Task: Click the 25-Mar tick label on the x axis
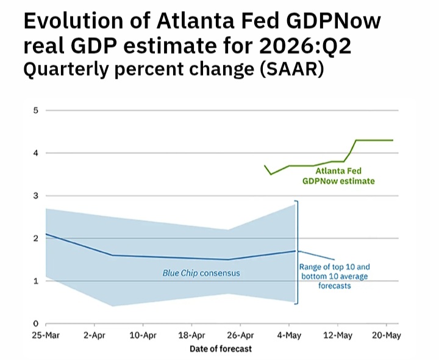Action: point(46,336)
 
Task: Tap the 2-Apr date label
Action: point(95,336)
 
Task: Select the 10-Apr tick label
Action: point(143,336)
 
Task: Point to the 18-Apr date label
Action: point(192,336)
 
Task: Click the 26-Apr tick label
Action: point(240,336)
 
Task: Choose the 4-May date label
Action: point(289,336)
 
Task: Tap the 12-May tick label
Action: point(338,336)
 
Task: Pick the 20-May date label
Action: point(387,336)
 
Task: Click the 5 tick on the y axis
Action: point(35,110)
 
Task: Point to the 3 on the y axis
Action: point(35,195)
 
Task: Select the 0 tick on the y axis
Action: point(35,323)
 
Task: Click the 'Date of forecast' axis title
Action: point(221,349)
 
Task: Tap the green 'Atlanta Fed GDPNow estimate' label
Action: point(338,176)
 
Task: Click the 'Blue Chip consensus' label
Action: point(201,273)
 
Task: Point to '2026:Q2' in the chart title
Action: point(305,46)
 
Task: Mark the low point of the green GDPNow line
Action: point(271,175)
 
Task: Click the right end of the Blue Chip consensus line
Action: point(295,251)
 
